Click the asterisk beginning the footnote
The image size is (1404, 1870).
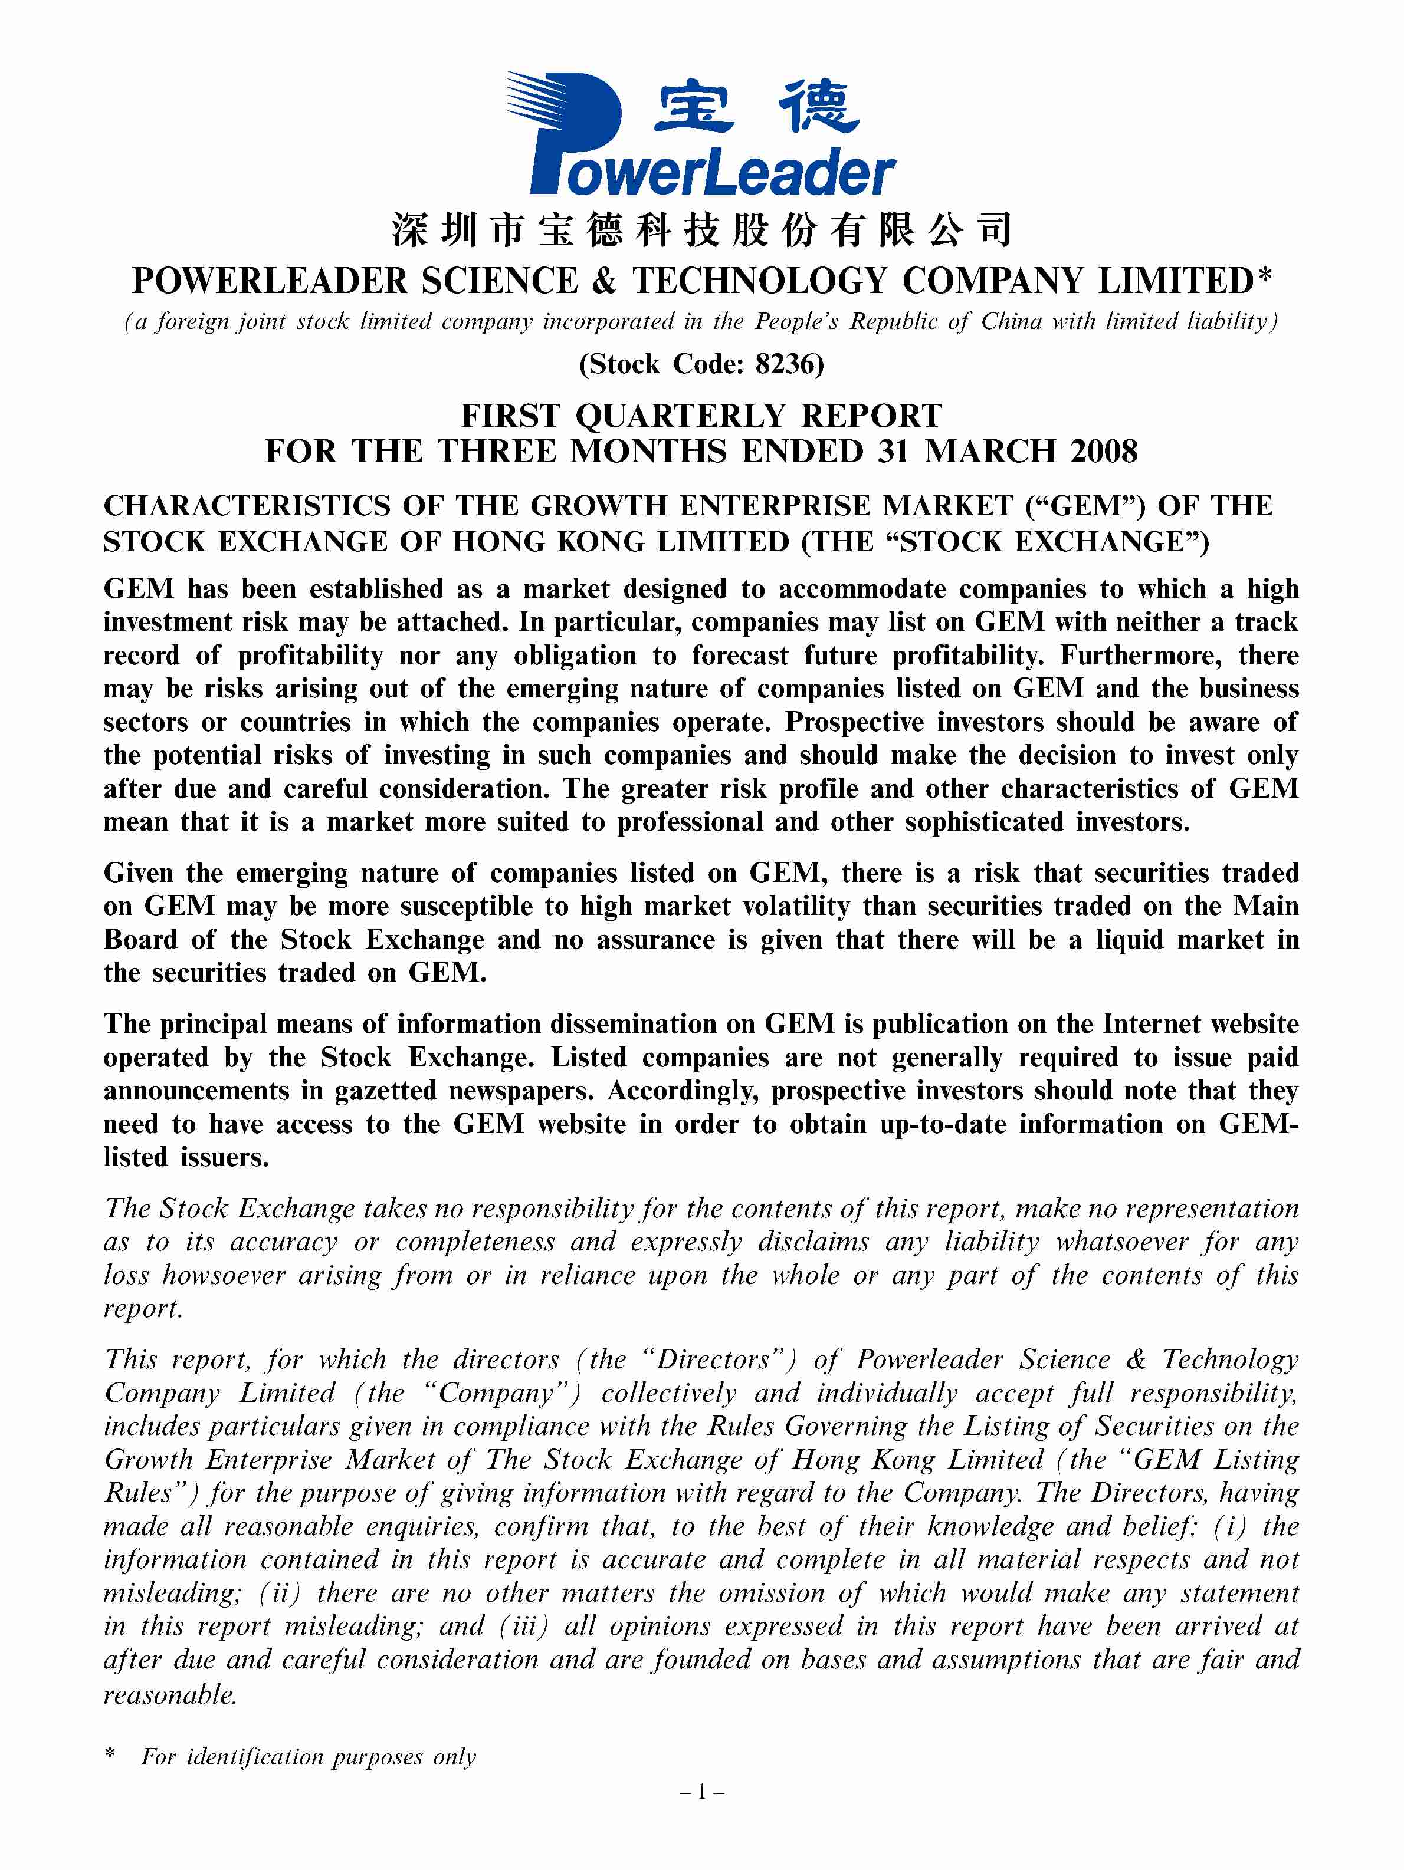pyautogui.click(x=110, y=1754)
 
